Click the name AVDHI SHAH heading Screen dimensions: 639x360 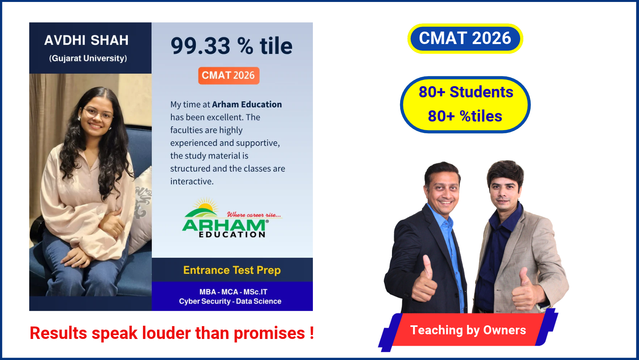point(86,40)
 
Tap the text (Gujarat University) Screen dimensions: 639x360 point(88,58)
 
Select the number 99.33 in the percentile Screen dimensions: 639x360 point(200,46)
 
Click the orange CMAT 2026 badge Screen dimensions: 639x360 point(229,76)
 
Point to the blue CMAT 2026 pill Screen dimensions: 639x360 point(465,38)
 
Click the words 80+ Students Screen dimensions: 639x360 point(466,92)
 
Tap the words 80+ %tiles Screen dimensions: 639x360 point(465,116)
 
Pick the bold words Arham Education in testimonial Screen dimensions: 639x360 point(247,104)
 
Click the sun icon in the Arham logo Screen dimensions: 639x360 point(205,205)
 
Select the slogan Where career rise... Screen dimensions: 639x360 point(254,215)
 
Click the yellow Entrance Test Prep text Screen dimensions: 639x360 point(232,270)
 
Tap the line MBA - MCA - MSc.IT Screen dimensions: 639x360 point(233,292)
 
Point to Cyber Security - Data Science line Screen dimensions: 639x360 point(230,301)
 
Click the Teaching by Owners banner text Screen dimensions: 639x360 point(468,330)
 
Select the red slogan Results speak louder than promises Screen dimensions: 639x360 point(172,333)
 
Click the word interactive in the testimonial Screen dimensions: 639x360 point(192,182)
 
